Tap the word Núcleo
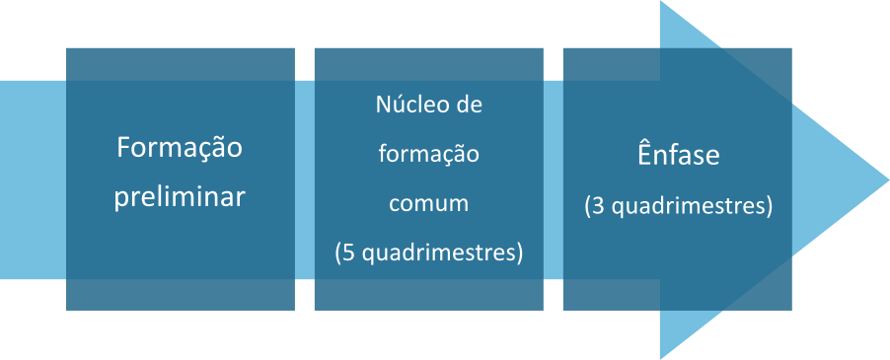tap(404, 105)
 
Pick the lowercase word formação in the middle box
tap(429, 154)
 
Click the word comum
tap(429, 203)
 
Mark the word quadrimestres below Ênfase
tap(688, 207)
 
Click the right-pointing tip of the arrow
tap(888, 180)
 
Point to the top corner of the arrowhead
tap(661, 2)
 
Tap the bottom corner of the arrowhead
tap(661, 358)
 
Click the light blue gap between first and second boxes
tap(305, 180)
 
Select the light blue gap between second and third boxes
tap(554, 180)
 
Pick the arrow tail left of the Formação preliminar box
tap(33, 180)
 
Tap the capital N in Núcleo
tap(383, 106)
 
